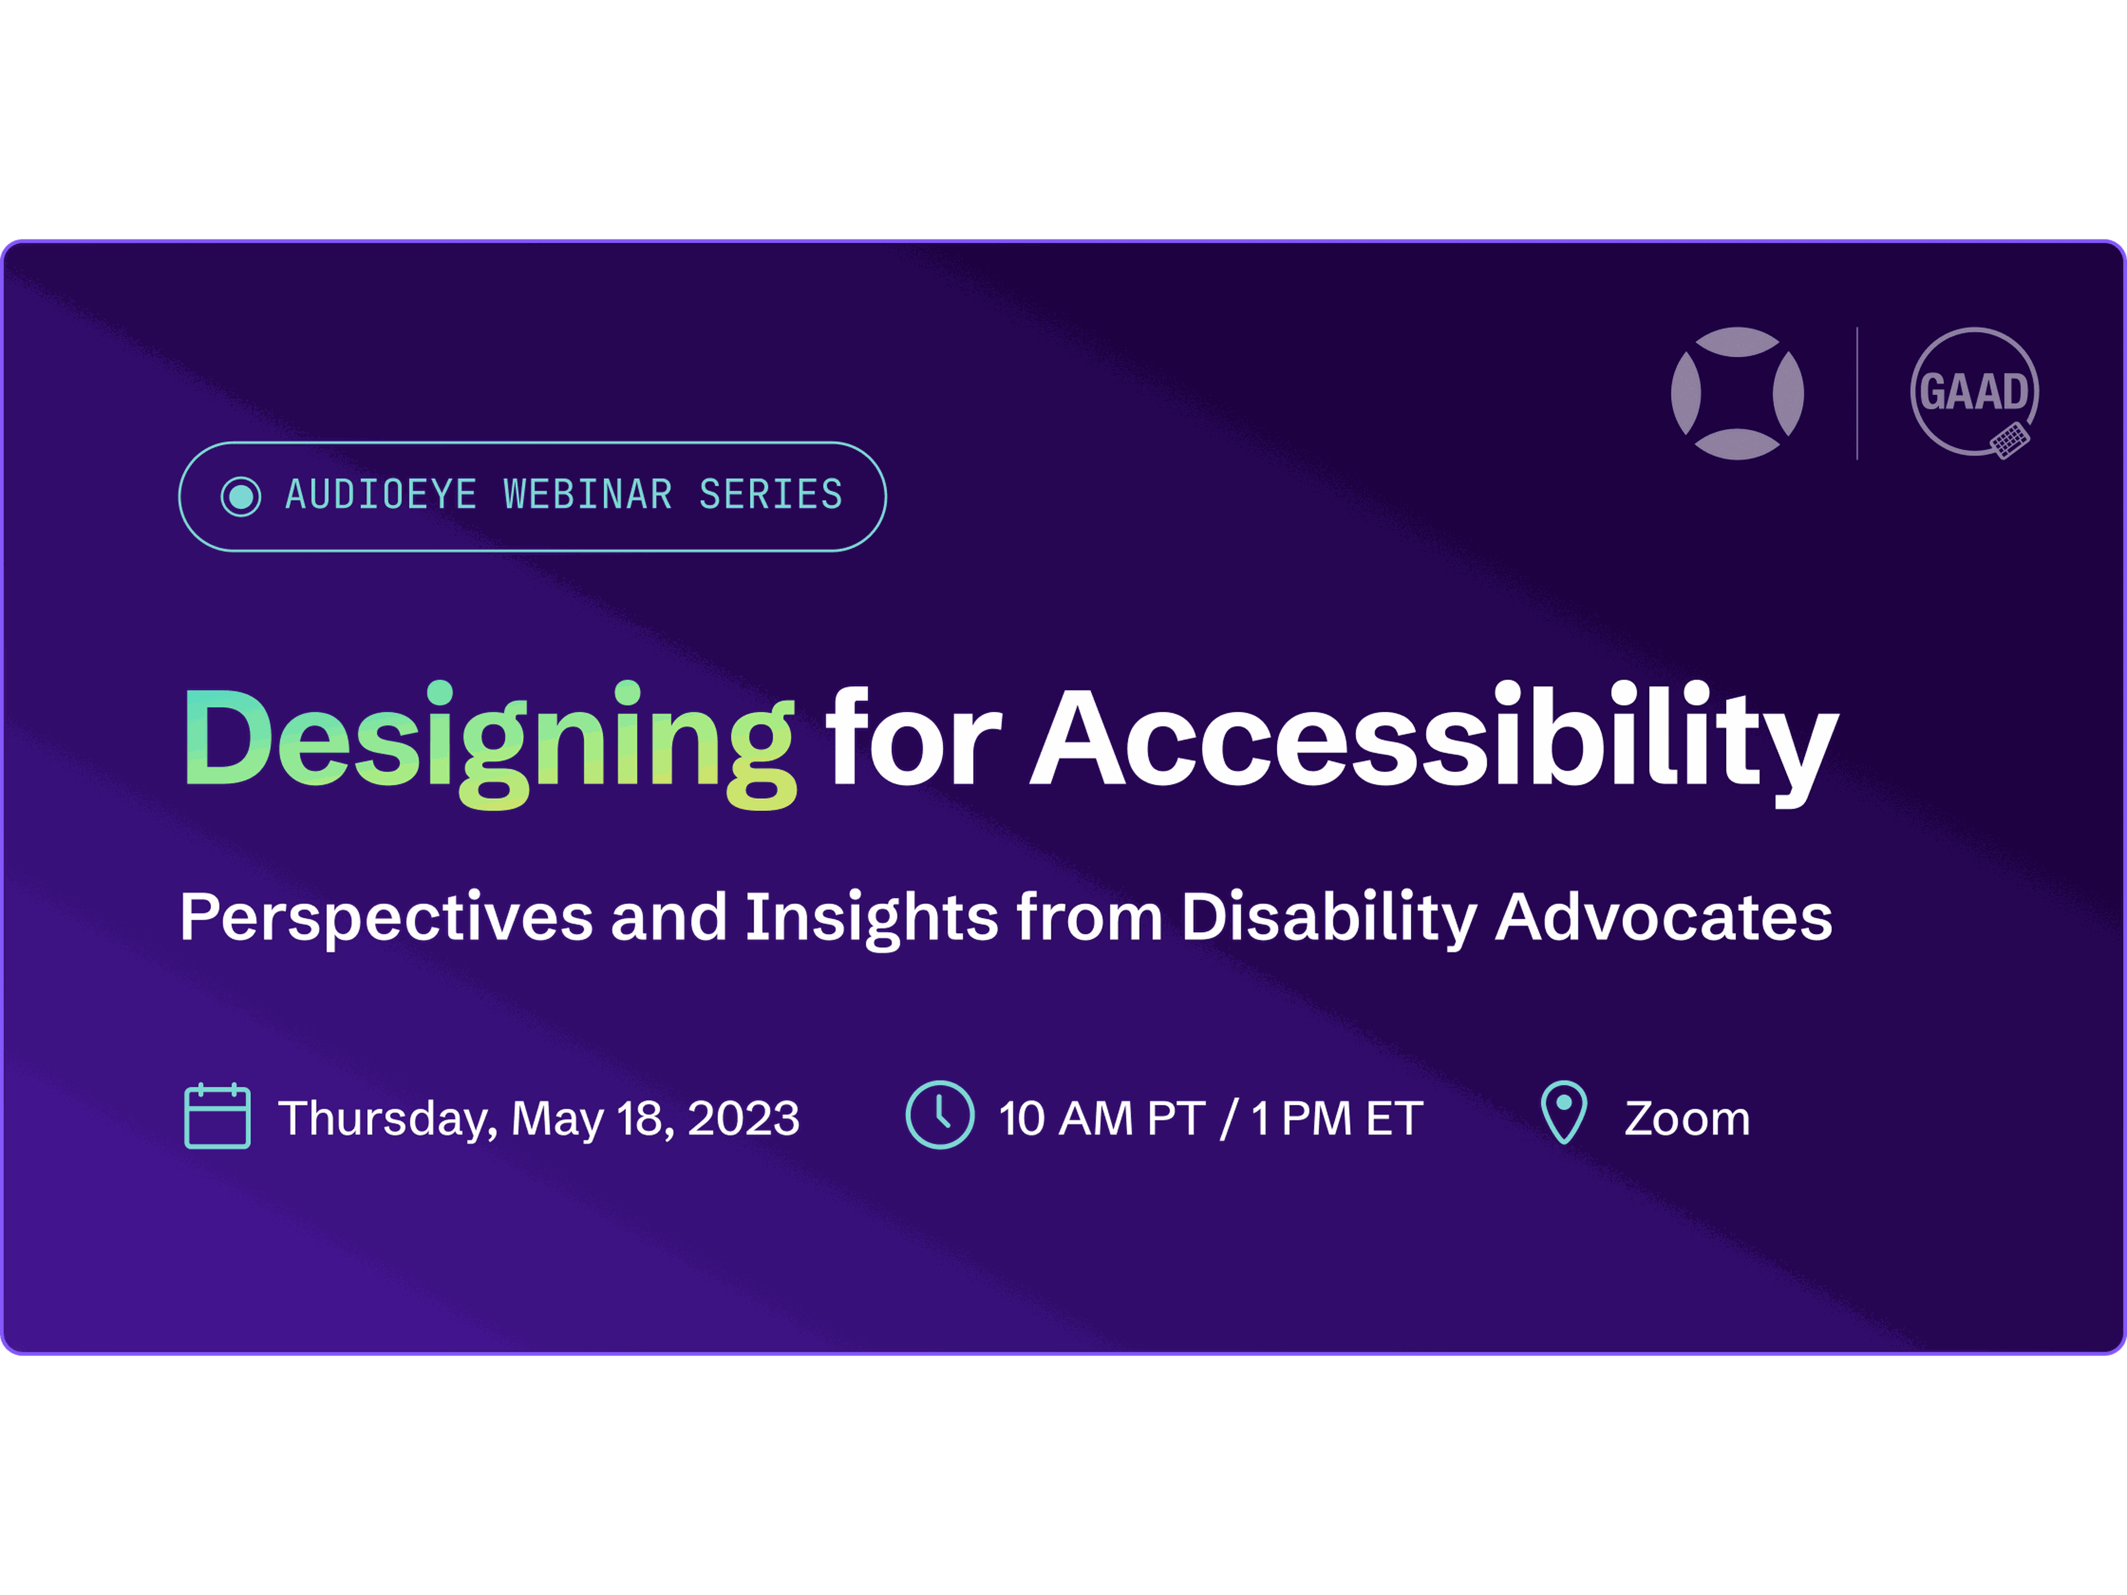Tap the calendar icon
click(217, 1115)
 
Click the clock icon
click(939, 1115)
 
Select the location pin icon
click(1564, 1113)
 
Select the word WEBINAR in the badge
click(588, 495)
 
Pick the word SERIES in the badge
click(771, 495)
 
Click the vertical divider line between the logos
click(1857, 393)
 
